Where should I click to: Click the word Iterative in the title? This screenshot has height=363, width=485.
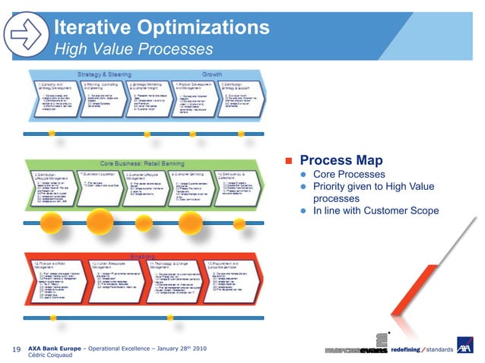pos(90,29)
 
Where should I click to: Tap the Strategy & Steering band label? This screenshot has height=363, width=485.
pos(105,74)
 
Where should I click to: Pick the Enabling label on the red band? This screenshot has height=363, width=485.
pos(146,256)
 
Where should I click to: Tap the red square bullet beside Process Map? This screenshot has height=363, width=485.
pos(288,162)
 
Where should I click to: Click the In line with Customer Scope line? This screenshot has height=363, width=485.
pos(376,210)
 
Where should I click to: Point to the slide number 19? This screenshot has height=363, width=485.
pos(16,349)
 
